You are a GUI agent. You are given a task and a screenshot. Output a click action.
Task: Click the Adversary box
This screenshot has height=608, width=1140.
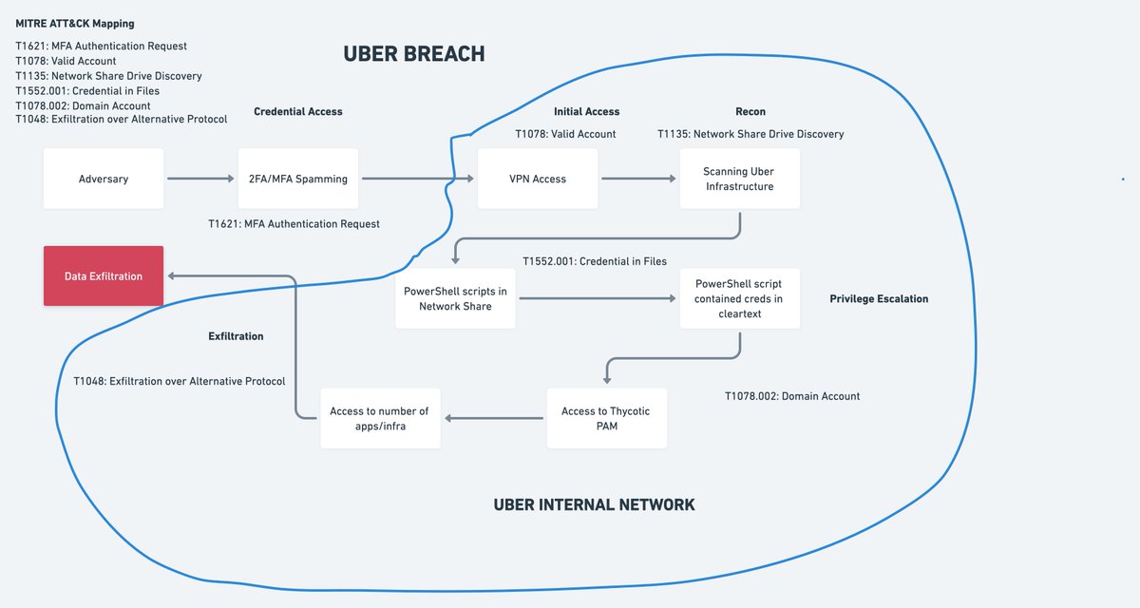(x=103, y=179)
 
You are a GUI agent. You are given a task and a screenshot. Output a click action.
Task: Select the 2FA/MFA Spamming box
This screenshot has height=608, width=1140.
(x=298, y=179)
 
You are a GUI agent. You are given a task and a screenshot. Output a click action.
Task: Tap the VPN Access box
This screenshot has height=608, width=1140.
(x=538, y=179)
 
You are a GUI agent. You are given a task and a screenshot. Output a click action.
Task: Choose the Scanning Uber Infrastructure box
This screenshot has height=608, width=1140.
(x=739, y=179)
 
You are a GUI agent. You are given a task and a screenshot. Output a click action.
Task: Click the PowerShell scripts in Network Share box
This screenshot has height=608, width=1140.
(x=455, y=298)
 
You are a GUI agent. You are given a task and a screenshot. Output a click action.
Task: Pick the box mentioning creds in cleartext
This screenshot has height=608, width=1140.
(x=739, y=298)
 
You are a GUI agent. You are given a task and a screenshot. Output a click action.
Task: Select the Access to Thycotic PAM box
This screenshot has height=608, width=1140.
(x=606, y=418)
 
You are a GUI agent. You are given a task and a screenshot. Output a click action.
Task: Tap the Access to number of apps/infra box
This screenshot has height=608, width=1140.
(x=379, y=418)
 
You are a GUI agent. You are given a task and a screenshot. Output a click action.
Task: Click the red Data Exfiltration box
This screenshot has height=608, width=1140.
(x=104, y=276)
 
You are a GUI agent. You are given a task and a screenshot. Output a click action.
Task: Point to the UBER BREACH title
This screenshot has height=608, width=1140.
(x=414, y=55)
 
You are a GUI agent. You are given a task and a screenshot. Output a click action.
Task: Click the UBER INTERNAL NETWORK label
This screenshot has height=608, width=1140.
(x=594, y=504)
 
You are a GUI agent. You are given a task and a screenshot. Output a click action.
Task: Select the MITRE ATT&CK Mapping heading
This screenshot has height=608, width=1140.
(x=75, y=23)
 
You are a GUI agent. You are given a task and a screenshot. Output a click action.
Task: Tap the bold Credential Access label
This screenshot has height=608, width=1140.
(x=297, y=111)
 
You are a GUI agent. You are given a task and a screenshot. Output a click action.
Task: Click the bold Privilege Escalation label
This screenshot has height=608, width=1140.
(x=878, y=298)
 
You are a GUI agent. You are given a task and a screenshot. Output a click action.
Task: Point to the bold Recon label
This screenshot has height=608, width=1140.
(x=750, y=111)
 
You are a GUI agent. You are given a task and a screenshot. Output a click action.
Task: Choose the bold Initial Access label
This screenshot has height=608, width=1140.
(x=586, y=111)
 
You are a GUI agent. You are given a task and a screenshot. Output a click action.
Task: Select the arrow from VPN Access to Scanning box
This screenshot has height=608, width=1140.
(x=637, y=179)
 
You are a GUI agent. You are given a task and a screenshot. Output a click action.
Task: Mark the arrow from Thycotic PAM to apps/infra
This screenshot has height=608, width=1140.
(x=493, y=418)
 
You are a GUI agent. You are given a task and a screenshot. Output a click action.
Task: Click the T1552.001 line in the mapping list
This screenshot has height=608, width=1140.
(x=87, y=91)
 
